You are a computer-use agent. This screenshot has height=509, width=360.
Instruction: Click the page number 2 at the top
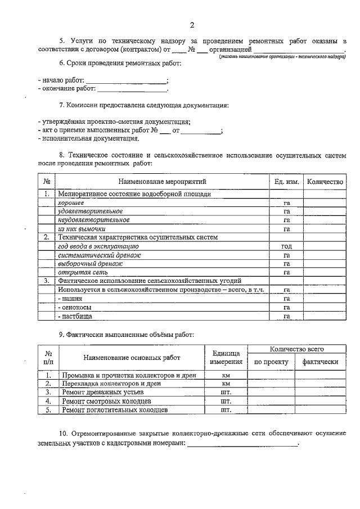click(192, 25)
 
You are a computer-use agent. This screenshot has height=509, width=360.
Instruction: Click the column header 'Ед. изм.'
click(286, 182)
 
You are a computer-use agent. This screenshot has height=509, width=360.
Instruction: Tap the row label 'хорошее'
click(71, 202)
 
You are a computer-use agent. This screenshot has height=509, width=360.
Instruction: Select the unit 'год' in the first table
click(286, 246)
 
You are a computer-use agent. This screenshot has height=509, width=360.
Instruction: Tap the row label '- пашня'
click(70, 299)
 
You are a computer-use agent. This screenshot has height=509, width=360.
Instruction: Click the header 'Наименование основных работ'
click(132, 358)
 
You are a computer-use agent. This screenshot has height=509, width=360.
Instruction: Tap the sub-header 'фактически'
click(320, 362)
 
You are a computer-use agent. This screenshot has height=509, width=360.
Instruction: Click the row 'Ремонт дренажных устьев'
click(102, 392)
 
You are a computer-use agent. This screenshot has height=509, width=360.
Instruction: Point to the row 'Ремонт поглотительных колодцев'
click(114, 410)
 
